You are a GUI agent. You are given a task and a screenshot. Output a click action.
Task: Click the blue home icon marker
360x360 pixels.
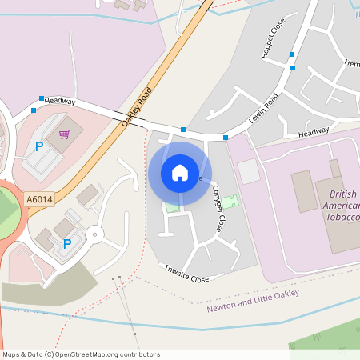point(179,172)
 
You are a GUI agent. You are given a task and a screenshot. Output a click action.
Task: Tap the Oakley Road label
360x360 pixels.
point(136,108)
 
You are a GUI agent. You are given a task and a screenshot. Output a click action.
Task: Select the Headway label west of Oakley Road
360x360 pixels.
point(60,102)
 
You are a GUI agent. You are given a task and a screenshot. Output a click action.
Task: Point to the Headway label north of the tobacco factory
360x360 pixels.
point(313,132)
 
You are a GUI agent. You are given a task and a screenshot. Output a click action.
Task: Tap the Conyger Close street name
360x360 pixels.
point(218,207)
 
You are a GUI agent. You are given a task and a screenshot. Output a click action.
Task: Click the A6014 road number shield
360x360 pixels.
point(38,198)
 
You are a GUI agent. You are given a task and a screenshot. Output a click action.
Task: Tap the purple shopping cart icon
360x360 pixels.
point(64,134)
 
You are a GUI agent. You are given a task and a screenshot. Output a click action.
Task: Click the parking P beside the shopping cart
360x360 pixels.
point(38,146)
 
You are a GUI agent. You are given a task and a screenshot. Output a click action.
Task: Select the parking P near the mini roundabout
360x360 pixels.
point(67,244)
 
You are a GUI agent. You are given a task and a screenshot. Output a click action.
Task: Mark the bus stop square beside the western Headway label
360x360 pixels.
point(34,110)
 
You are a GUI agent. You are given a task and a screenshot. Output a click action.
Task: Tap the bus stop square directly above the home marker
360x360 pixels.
point(183,130)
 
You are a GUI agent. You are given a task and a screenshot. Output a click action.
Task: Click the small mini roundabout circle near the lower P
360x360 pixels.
point(96,235)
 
